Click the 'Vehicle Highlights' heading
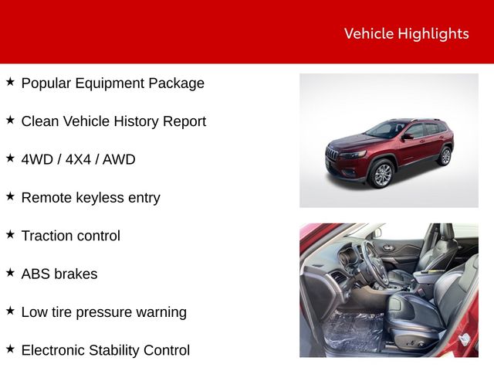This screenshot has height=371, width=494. point(407,34)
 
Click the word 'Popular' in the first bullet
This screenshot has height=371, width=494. point(46,83)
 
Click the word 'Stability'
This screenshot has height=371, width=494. point(113,350)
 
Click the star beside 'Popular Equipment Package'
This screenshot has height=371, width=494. point(10,82)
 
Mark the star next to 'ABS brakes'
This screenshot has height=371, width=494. point(10,272)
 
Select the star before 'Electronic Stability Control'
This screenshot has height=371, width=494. point(10,349)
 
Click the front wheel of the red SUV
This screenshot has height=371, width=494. point(382,174)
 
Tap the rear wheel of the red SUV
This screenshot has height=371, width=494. point(445,156)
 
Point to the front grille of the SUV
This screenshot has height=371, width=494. point(332,155)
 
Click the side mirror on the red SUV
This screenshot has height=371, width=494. point(408,137)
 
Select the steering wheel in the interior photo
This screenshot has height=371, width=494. point(375,264)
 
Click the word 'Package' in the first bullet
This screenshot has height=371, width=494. point(177,83)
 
